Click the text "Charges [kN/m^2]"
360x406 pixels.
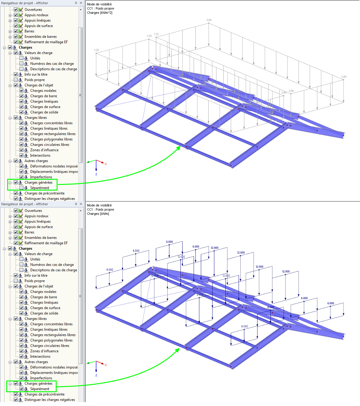[x=100, y=13]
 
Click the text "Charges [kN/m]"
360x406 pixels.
[x=98, y=214]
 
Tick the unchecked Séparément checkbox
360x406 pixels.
[x=22, y=188]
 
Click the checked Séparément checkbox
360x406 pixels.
[x=22, y=389]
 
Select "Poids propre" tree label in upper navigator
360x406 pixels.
[x=34, y=80]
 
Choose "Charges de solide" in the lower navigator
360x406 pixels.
[x=44, y=313]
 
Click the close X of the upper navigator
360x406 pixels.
[x=81, y=3]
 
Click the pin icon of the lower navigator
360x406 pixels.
[x=76, y=204]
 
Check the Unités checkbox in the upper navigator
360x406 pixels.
[x=22, y=58]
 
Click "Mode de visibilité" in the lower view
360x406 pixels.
[x=99, y=205]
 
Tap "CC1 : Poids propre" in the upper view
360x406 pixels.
[x=100, y=8]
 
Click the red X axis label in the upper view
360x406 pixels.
[x=106, y=164]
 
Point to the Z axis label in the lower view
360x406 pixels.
[x=96, y=375]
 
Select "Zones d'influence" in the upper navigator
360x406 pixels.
[x=44, y=150]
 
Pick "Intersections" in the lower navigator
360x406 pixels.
[x=40, y=356]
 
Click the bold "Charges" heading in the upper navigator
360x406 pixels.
[x=25, y=47]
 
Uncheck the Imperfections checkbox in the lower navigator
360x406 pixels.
[x=22, y=378]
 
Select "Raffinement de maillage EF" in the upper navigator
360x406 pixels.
[x=46, y=42]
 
